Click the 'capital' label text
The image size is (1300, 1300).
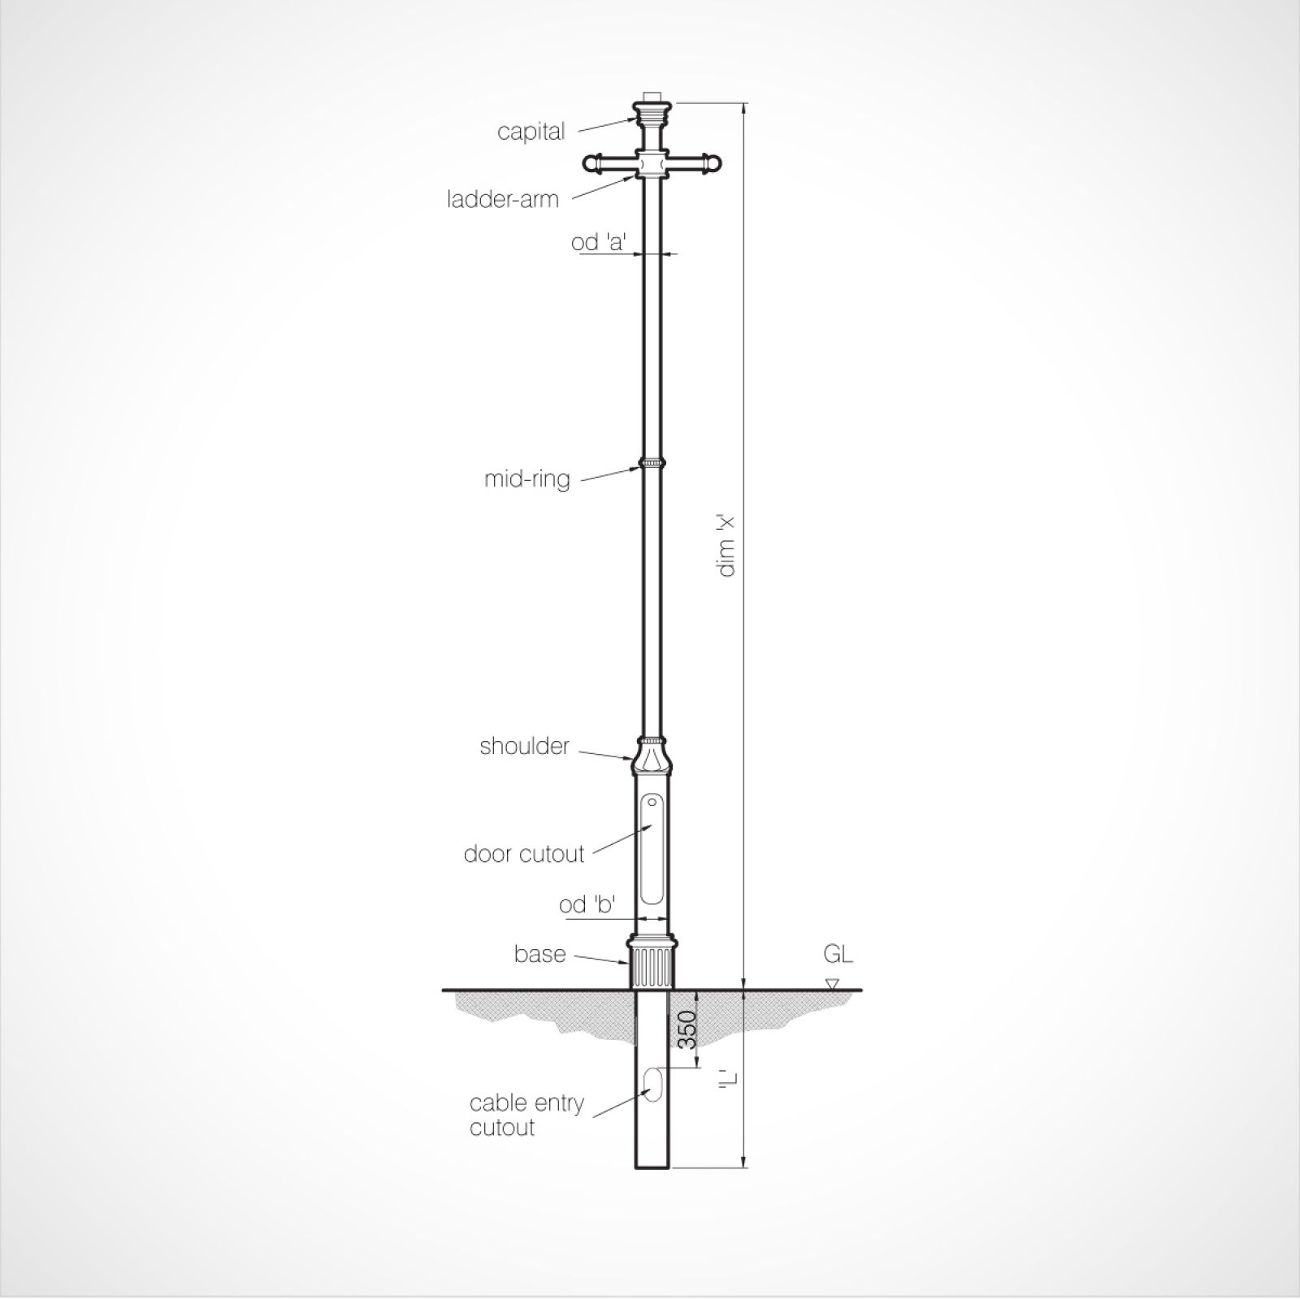[531, 132]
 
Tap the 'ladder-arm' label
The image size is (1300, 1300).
[503, 199]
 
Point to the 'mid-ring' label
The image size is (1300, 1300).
[527, 479]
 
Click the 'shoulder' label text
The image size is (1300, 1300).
[524, 746]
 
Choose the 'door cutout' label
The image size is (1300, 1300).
[524, 854]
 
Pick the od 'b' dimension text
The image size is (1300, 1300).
[587, 904]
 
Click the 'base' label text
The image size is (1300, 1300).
[539, 953]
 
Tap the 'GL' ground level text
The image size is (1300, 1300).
[838, 954]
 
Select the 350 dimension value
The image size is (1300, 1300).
[687, 1029]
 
